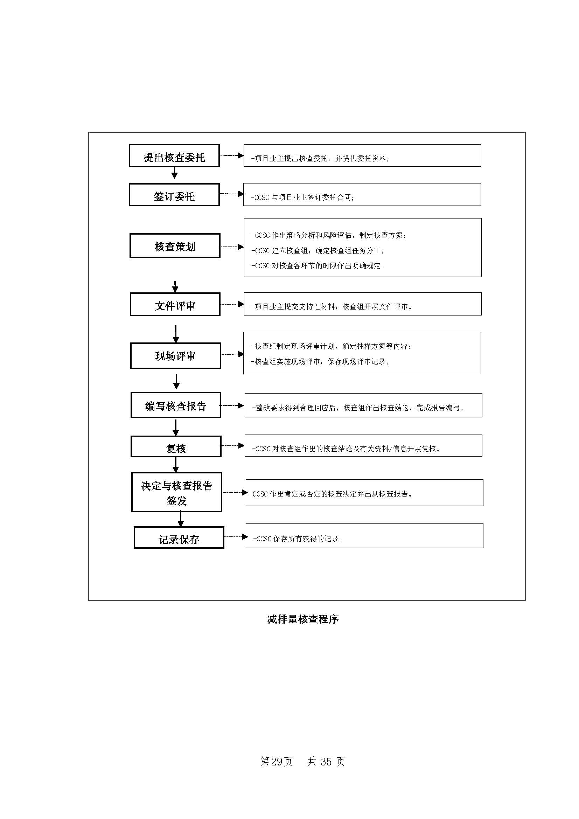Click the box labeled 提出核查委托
(x=174, y=156)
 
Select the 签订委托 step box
(x=174, y=195)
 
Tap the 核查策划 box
(x=175, y=246)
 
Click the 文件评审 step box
(x=175, y=304)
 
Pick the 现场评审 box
(x=175, y=356)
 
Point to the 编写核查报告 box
(x=176, y=405)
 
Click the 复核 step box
(x=176, y=446)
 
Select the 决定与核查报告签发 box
(x=176, y=492)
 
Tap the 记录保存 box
(x=179, y=537)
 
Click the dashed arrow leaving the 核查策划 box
(x=232, y=247)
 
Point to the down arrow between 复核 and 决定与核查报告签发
(x=175, y=464)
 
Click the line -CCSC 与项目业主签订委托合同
(x=302, y=197)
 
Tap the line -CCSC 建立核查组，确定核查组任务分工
(x=317, y=251)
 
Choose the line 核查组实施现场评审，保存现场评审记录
(x=320, y=362)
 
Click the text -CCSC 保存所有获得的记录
(x=298, y=539)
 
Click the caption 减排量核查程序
(x=303, y=619)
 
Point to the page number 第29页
(x=276, y=762)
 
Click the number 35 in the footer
(x=326, y=762)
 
